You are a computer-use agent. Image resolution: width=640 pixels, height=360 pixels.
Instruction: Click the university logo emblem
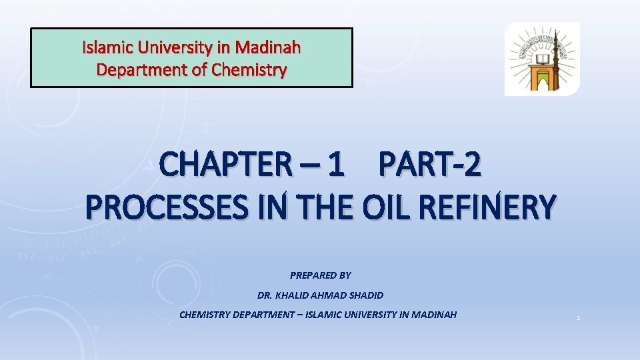(x=542, y=59)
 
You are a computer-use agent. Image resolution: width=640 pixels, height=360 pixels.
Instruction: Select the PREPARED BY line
(x=320, y=275)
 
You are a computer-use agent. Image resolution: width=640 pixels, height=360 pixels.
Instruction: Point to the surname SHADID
(x=364, y=295)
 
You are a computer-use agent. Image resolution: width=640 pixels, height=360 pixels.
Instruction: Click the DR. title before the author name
(x=264, y=295)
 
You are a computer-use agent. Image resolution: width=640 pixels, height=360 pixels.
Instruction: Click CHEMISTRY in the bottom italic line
(x=205, y=315)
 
